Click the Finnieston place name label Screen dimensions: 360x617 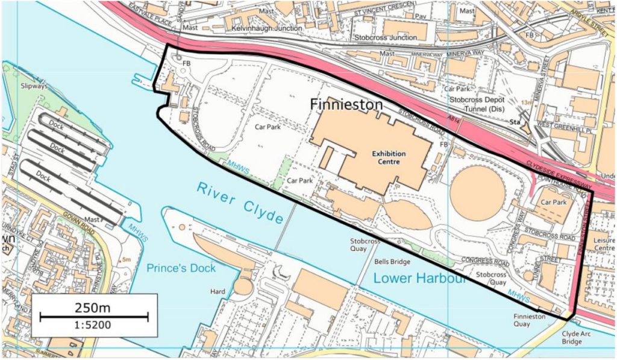[x=346, y=104]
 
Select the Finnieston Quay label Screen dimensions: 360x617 [x=530, y=320]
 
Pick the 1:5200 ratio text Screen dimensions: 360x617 [x=93, y=326]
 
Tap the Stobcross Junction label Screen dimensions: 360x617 [x=386, y=37]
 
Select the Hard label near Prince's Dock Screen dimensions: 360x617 [x=217, y=292]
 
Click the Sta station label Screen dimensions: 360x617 [x=515, y=121]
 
